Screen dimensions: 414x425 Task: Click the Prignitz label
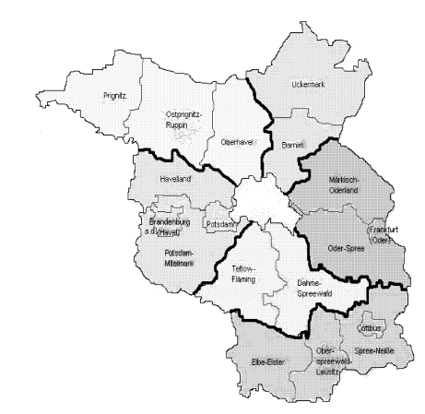click(x=112, y=94)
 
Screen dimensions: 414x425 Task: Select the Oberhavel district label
click(x=239, y=144)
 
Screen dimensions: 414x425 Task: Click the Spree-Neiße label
click(x=372, y=351)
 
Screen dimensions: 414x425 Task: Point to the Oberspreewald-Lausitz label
click(x=327, y=361)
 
